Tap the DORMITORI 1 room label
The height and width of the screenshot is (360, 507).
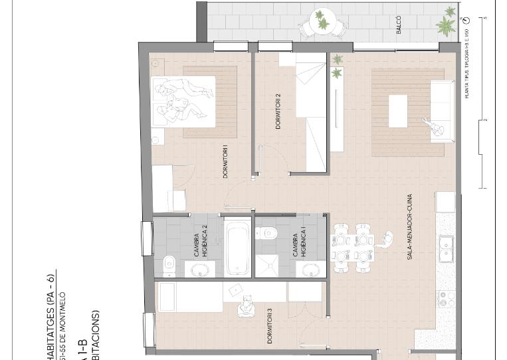(226, 161)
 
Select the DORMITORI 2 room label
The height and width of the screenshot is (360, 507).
(278, 111)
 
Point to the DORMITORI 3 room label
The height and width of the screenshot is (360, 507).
(270, 326)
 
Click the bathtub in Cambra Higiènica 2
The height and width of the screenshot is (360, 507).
(236, 248)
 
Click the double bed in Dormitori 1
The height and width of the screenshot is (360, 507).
(183, 101)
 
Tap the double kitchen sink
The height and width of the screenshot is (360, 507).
(446, 248)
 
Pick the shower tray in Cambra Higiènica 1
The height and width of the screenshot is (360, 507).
(269, 264)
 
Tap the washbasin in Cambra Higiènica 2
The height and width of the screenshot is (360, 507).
(199, 268)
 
